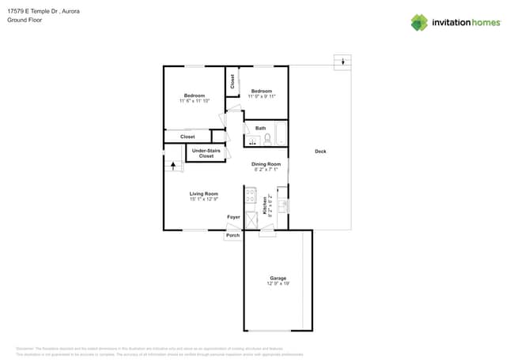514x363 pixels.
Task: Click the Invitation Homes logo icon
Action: (419, 22)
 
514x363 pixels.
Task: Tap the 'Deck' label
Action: (320, 152)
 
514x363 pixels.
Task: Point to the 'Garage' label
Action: (278, 278)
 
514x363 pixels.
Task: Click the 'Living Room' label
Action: (203, 193)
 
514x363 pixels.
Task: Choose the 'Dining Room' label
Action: (266, 164)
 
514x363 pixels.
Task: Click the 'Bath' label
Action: (260, 128)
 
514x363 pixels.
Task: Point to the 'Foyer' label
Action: (233, 217)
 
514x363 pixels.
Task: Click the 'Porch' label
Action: (233, 235)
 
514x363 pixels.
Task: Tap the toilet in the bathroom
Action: (268, 139)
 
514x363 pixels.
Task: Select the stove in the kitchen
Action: (250, 194)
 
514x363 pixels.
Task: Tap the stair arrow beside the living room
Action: (174, 166)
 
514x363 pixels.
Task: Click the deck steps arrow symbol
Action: (342, 61)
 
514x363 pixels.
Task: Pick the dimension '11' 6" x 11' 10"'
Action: (195, 101)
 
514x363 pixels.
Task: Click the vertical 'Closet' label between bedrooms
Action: (232, 80)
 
